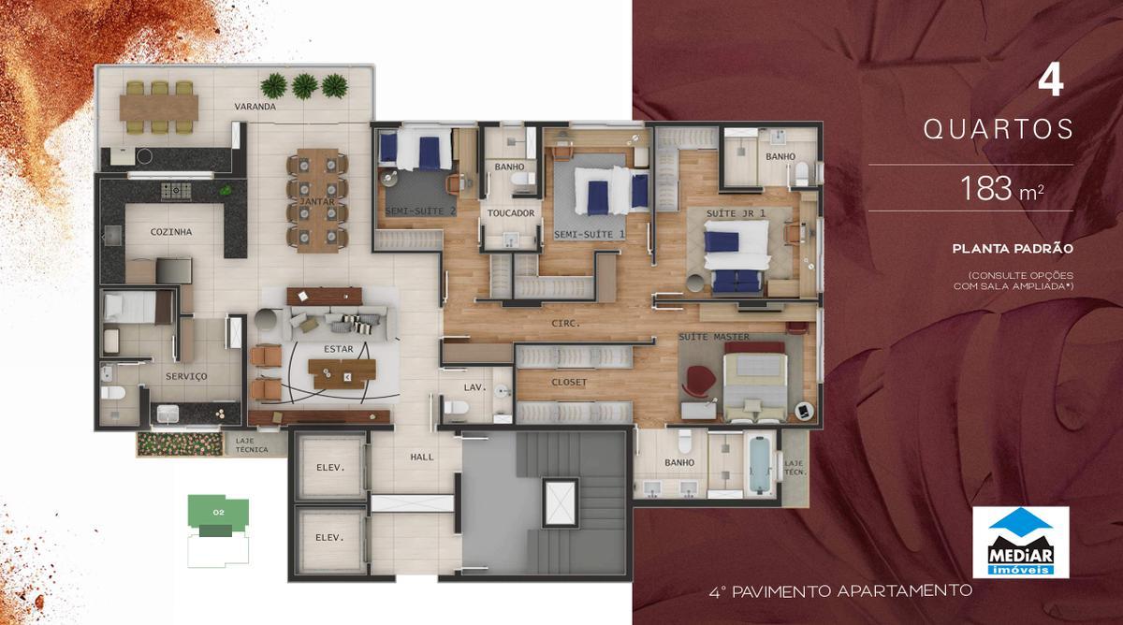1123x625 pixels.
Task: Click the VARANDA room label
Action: pos(255,107)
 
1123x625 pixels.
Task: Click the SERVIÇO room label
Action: pos(186,376)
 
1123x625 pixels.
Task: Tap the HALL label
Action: pos(423,458)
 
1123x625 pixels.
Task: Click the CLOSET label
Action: pos(569,383)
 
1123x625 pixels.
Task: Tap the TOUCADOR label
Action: pos(511,213)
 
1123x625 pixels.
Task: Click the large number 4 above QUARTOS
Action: pos(1050,82)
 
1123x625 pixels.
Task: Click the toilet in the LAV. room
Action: pos(456,407)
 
